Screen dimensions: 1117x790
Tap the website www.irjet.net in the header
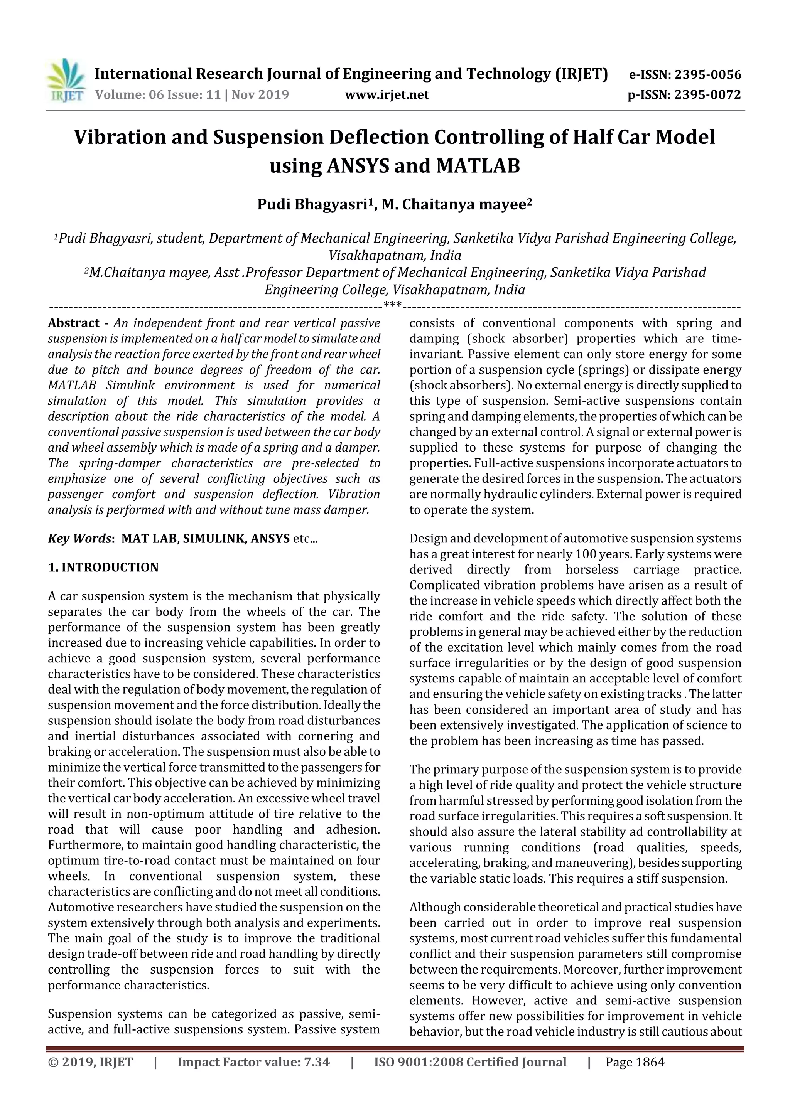point(387,94)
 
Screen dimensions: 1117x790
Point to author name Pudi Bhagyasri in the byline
point(312,205)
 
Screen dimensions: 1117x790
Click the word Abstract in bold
point(74,323)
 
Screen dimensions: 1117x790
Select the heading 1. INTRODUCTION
point(103,567)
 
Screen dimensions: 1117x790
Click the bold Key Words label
point(80,539)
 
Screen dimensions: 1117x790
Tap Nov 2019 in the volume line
point(260,94)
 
